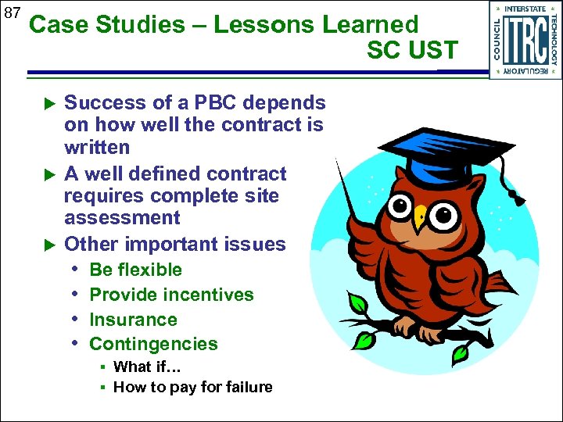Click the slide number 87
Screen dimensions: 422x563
12,13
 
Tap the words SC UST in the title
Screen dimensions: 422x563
412,51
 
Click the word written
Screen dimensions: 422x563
97,147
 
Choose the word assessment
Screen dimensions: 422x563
122,218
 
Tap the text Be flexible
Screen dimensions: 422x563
135,270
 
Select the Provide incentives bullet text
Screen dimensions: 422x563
171,295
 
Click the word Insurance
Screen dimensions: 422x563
133,320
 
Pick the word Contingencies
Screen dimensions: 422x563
153,344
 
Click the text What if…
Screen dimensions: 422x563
143,367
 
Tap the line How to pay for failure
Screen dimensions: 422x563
192,387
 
